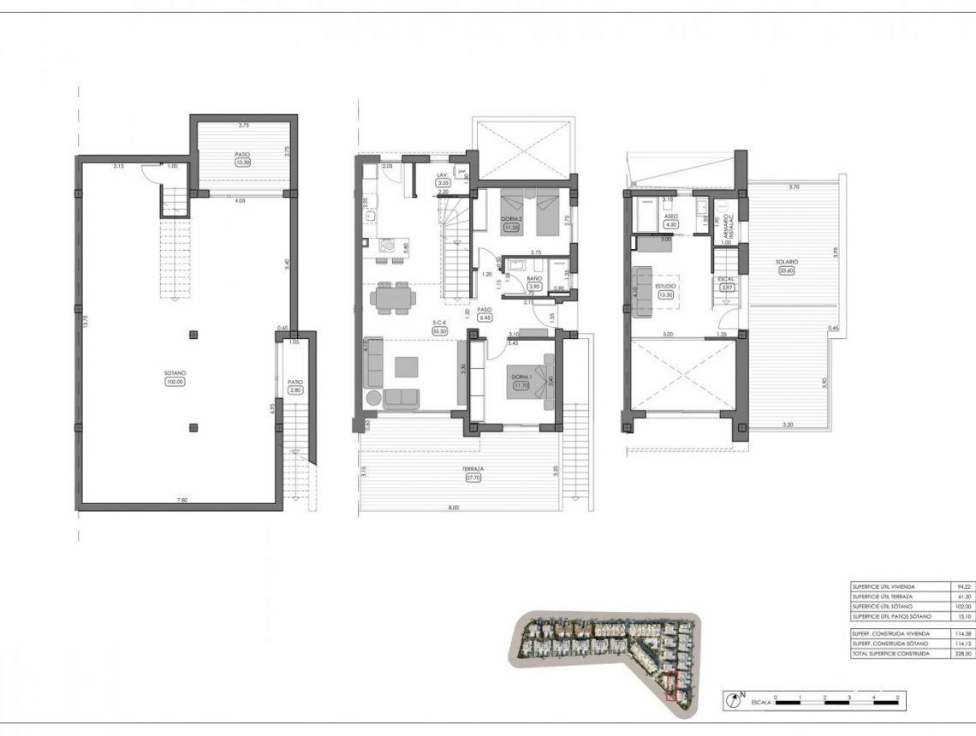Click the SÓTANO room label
tap(175, 373)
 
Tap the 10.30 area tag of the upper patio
tap(242, 162)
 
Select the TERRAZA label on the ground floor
tap(473, 469)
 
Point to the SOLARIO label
tap(787, 261)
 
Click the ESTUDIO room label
tap(665, 286)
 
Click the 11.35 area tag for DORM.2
tap(513, 228)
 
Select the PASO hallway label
tap(484, 309)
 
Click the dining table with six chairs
tap(394, 298)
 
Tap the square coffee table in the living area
tap(407, 366)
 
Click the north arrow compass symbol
tap(732, 700)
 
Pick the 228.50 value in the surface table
tap(963, 653)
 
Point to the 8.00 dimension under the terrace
tap(453, 507)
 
